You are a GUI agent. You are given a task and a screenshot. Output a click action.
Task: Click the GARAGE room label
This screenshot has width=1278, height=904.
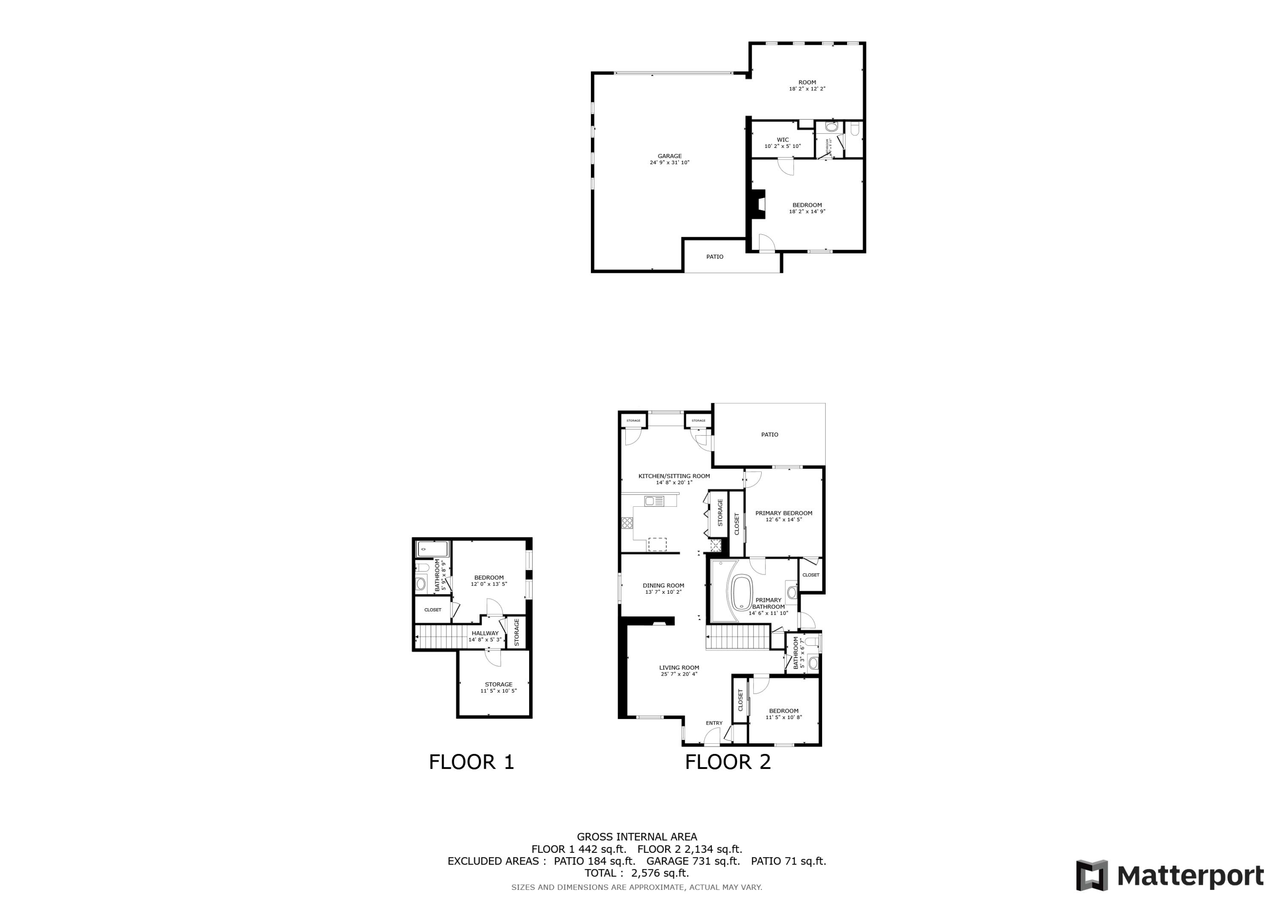670,156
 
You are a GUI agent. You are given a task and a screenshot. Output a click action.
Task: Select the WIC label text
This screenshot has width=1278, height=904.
783,140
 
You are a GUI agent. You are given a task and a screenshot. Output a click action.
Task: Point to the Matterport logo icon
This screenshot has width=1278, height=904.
1091,875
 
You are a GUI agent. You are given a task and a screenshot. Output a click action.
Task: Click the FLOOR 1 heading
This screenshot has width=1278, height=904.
472,762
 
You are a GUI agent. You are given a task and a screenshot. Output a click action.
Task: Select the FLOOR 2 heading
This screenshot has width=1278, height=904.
728,762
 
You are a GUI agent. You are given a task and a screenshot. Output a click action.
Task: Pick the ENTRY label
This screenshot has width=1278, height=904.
714,723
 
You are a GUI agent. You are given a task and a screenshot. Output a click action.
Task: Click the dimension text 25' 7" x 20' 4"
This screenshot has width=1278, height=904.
679,674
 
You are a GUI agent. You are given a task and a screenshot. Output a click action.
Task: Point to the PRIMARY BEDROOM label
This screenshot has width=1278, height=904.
784,513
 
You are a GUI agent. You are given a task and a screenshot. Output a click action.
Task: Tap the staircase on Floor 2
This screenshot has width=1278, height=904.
737,637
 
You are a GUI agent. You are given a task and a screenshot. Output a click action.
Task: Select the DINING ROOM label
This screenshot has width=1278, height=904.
663,585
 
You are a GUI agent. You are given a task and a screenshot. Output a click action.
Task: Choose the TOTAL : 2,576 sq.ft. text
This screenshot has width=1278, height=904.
637,873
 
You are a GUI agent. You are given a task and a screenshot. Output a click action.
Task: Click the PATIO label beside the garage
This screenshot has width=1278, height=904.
715,257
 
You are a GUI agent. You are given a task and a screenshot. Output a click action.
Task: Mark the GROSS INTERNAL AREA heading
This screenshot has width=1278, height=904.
637,837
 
